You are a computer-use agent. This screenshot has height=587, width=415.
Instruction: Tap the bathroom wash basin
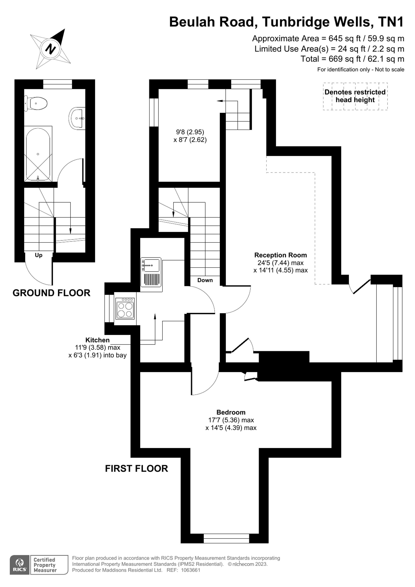77,118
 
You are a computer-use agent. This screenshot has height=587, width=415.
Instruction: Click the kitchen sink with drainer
151,272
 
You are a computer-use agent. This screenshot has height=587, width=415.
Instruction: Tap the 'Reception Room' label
280,255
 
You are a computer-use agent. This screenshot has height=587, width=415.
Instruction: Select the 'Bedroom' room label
231,412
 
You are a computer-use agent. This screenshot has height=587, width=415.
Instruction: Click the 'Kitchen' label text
97,340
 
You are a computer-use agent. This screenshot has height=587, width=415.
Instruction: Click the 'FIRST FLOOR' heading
137,468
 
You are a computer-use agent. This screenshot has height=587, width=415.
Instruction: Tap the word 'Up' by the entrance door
39,255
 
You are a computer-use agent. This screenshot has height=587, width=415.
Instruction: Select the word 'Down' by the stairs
205,280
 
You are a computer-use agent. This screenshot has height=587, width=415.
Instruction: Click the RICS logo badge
20,565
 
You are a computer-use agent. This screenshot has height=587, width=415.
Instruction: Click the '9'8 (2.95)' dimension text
190,132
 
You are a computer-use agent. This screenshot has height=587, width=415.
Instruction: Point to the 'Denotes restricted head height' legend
355,96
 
